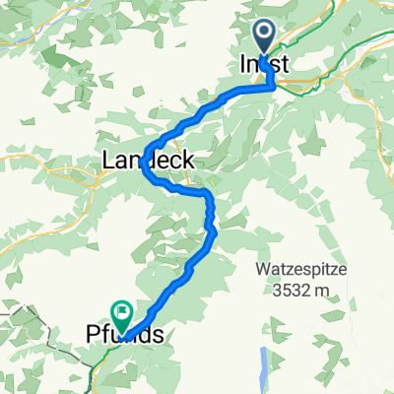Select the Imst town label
[265, 64]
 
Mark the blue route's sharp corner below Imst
[272, 87]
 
